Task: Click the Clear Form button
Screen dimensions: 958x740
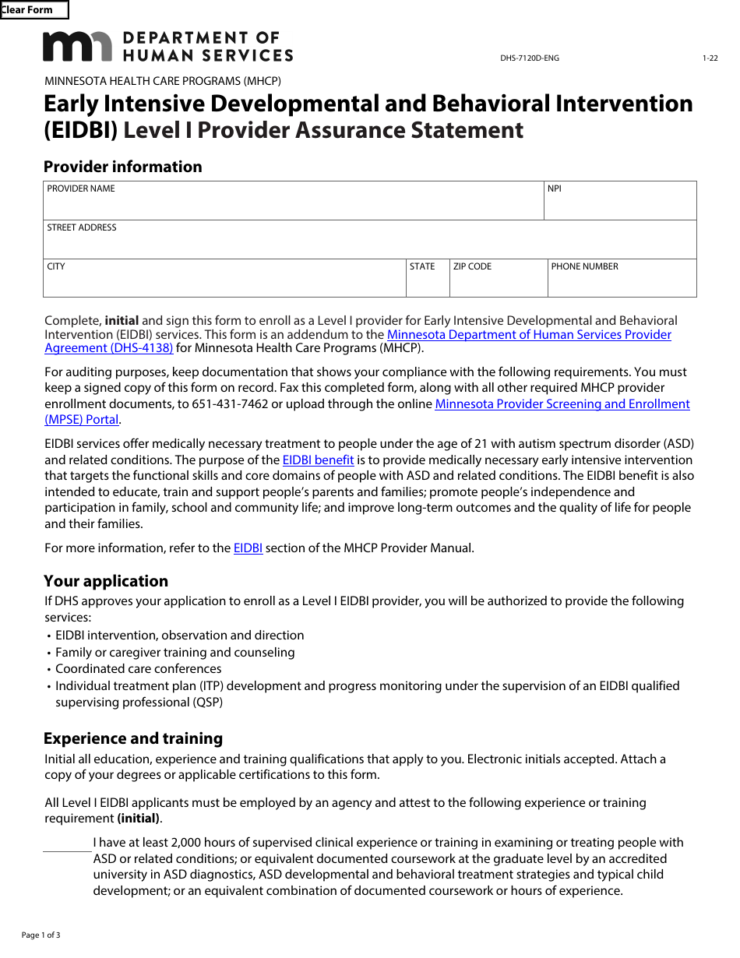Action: [x=34, y=10]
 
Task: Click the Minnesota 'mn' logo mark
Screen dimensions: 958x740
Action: [x=77, y=47]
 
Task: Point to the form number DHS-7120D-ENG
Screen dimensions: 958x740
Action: [x=529, y=58]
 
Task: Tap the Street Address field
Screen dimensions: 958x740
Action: [x=369, y=245]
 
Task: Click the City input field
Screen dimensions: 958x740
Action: [x=224, y=283]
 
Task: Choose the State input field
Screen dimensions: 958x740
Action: [x=428, y=283]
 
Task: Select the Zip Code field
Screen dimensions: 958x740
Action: [x=499, y=283]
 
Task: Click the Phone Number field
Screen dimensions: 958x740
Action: [x=622, y=283]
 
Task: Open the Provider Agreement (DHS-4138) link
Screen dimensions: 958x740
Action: [x=109, y=348]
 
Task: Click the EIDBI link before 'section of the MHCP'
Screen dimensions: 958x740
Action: [x=248, y=548]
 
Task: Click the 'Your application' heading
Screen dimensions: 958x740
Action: [x=106, y=581]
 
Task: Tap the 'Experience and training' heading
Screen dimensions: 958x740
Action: [x=133, y=738]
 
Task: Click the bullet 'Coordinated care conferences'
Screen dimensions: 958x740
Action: [x=138, y=669]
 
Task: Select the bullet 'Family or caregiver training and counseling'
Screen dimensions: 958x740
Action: [x=174, y=653]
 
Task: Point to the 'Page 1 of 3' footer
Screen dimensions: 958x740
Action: [x=41, y=935]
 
